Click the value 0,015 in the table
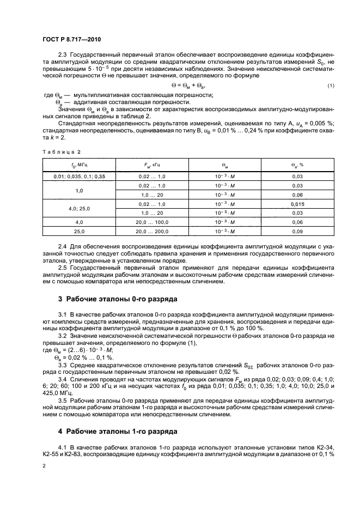click(x=297, y=203)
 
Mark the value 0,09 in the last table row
click(x=297, y=232)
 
